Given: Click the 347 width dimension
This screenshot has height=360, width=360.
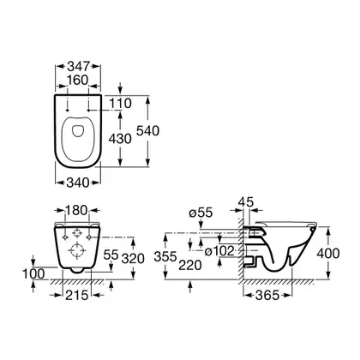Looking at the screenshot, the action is (78, 66).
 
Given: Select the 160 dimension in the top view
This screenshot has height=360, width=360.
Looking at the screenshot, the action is (78, 81).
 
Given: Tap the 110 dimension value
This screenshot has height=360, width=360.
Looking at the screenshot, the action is (121, 104).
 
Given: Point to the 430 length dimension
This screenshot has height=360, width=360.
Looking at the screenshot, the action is (120, 139).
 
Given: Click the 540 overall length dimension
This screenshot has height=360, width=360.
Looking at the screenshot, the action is (147, 131).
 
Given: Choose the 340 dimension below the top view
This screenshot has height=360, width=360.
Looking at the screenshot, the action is (78, 183).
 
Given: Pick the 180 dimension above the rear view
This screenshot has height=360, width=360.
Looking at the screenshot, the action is (76, 211).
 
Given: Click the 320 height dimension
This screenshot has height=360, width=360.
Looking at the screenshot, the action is (133, 259).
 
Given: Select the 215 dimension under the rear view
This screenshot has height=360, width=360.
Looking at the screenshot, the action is (77, 295).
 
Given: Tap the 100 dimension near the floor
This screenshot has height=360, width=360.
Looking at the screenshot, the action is (34, 274).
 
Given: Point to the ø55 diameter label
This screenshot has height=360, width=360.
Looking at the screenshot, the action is (201, 213).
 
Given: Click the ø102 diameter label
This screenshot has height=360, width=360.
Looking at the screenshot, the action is (219, 251).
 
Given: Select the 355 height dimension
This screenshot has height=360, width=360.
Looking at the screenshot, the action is (165, 256).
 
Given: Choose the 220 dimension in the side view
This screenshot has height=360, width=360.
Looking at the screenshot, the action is (190, 266).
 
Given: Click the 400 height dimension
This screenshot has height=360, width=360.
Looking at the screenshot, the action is (328, 254).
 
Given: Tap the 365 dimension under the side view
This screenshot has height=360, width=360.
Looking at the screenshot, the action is (267, 295).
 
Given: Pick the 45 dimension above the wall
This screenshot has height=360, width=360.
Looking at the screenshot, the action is (246, 202).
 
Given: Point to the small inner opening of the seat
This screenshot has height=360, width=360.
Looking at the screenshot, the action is (78, 131).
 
